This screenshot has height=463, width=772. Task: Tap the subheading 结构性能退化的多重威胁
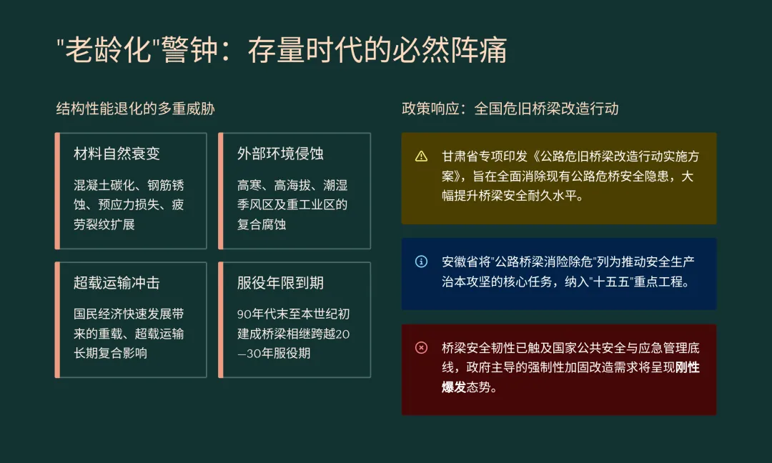point(135,109)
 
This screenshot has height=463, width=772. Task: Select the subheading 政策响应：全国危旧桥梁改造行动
point(510,109)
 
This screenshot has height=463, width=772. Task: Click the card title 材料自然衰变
point(117,154)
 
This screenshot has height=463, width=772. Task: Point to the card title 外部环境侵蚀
point(280,154)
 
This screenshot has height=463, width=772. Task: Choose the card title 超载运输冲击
point(117,283)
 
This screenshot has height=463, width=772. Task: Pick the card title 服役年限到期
point(280,283)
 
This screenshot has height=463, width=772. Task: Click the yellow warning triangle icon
point(421,156)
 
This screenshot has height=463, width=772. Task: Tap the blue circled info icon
point(421,262)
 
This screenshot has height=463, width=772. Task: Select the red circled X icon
point(421,348)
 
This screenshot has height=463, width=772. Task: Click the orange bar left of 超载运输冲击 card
point(57,319)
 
